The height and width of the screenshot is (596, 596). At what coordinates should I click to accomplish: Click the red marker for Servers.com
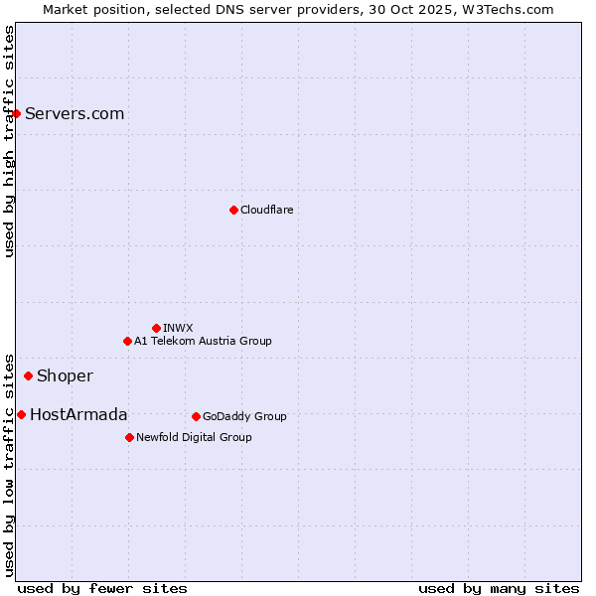pyautogui.click(x=17, y=113)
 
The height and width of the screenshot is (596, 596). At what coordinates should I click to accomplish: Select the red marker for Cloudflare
pyautogui.click(x=233, y=210)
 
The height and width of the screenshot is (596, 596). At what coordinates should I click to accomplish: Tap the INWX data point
pyautogui.click(x=156, y=328)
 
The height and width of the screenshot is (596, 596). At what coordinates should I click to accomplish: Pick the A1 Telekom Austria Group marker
pyautogui.click(x=127, y=341)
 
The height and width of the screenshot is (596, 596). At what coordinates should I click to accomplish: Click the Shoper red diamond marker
pyautogui.click(x=28, y=375)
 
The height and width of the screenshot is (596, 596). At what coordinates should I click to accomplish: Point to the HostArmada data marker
pyautogui.click(x=21, y=414)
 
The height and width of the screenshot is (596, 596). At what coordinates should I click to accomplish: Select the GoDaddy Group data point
pyautogui.click(x=196, y=416)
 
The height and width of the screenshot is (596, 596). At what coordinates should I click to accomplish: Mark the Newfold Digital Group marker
pyautogui.click(x=129, y=437)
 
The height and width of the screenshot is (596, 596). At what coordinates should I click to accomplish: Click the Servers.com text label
pyautogui.click(x=74, y=113)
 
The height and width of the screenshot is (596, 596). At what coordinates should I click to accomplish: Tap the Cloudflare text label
pyautogui.click(x=266, y=210)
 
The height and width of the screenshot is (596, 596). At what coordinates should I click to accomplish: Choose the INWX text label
pyautogui.click(x=178, y=328)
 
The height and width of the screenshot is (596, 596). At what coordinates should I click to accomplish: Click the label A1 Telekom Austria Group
pyautogui.click(x=203, y=341)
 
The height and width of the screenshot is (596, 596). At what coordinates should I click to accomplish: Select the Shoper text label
pyautogui.click(x=65, y=375)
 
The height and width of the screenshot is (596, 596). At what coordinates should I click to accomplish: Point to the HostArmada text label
pyautogui.click(x=78, y=414)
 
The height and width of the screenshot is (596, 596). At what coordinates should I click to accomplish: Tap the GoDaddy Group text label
pyautogui.click(x=244, y=416)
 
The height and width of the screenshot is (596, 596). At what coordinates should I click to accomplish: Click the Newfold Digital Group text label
pyautogui.click(x=194, y=437)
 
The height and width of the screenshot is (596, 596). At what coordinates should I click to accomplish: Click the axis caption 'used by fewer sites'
pyautogui.click(x=102, y=588)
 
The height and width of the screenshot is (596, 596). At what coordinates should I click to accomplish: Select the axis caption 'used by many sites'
pyautogui.click(x=499, y=588)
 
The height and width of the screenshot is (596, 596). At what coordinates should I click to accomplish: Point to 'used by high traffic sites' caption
pyautogui.click(x=9, y=141)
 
